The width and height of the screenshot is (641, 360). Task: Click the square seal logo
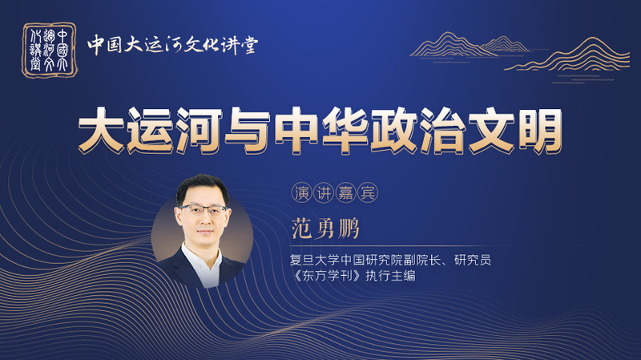tap(50, 50)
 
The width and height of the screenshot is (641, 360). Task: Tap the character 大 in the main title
tap(101, 131)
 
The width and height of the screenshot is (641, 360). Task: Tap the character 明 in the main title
tap(539, 131)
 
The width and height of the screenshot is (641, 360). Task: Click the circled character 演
tap(302, 192)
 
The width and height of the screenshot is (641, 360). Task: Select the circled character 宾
tap(367, 192)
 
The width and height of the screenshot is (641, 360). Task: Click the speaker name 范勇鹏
tap(325, 229)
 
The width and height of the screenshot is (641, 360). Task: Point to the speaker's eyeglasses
tap(204, 210)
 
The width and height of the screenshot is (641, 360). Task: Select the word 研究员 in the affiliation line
tap(473, 260)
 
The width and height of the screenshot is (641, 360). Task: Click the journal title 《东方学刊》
tap(327, 275)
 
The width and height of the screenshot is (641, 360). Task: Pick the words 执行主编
tap(390, 275)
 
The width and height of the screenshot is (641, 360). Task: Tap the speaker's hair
tap(203, 188)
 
